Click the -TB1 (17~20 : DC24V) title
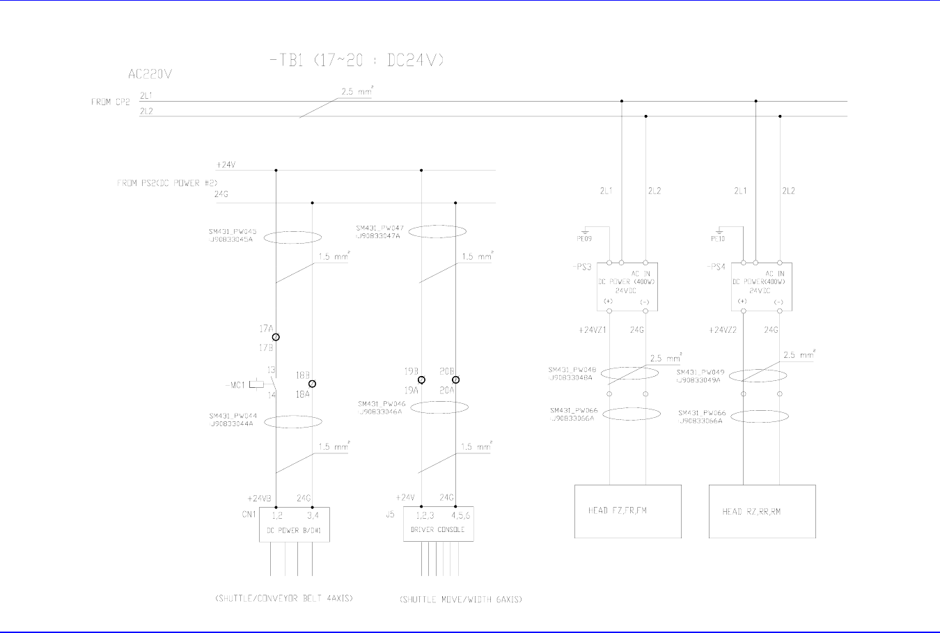356,61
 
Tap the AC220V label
150,73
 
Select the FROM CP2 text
110,102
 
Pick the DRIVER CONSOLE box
438,524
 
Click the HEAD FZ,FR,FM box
627,511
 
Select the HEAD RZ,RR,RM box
762,511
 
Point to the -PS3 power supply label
581,267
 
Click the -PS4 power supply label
716,267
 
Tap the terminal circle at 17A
276,337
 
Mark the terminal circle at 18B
312,384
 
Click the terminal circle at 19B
421,380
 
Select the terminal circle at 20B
455,380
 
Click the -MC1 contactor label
235,384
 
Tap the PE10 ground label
718,239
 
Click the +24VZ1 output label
593,330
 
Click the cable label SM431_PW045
233,232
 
